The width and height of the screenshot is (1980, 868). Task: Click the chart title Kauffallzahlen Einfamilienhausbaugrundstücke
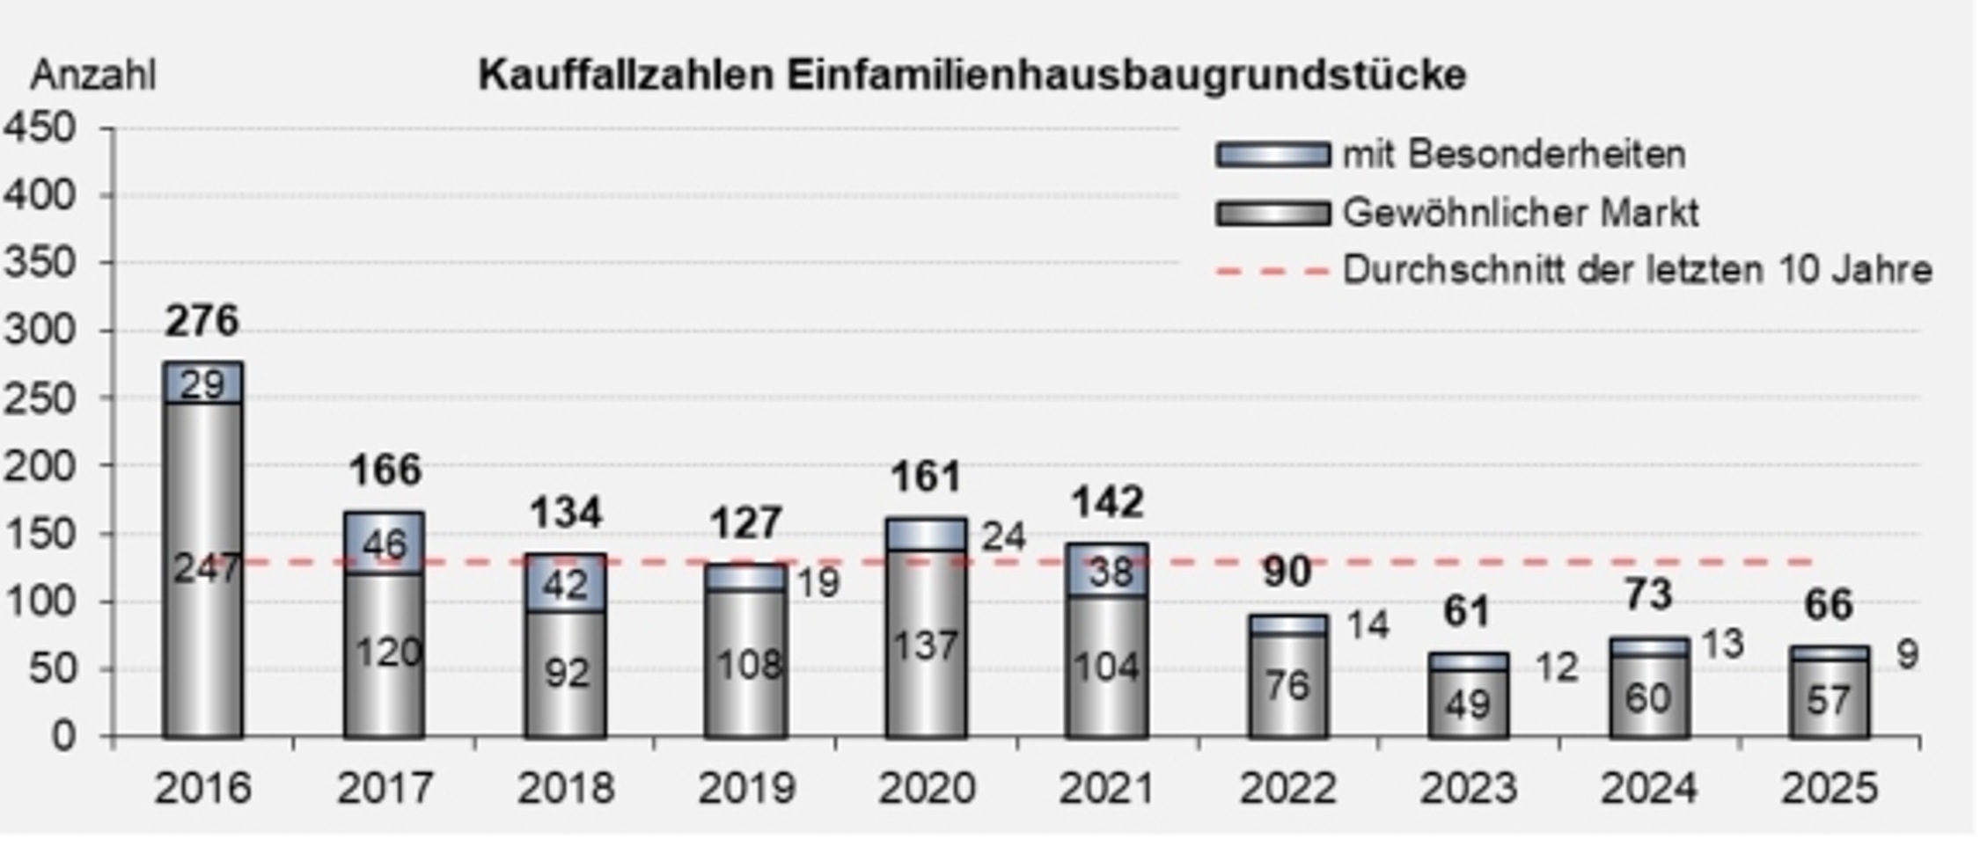tap(972, 75)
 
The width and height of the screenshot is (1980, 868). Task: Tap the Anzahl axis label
tap(92, 76)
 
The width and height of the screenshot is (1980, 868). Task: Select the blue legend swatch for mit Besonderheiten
tap(1272, 156)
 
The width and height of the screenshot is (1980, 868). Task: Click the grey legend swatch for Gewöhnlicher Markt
tap(1272, 214)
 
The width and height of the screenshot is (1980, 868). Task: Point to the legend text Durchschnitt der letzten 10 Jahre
tap(1636, 270)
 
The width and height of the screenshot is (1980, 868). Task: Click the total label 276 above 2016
tap(202, 320)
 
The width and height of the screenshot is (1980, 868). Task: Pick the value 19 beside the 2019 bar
tap(818, 582)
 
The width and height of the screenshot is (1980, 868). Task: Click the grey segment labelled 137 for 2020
tap(926, 646)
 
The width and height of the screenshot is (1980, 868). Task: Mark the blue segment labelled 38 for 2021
tap(1107, 573)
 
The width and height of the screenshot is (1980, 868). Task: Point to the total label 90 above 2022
tap(1287, 572)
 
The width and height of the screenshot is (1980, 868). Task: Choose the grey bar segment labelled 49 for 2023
tap(1468, 704)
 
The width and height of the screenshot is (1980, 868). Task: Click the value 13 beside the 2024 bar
tap(1721, 645)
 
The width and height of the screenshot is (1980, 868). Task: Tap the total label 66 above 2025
tap(1829, 605)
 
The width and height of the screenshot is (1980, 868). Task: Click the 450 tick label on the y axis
tap(40, 128)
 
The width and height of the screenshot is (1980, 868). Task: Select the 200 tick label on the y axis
tap(40, 466)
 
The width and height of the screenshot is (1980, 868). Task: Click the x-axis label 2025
tap(1829, 788)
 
